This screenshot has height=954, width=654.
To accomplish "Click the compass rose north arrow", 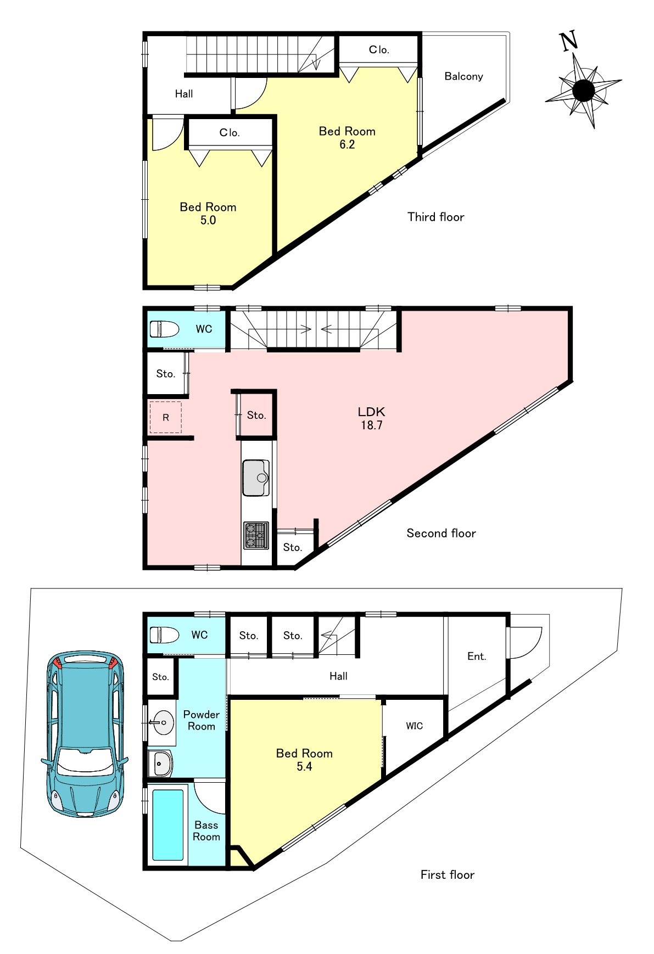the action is pyautogui.click(x=583, y=89).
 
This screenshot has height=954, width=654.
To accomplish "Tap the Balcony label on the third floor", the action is pyautogui.click(x=463, y=76).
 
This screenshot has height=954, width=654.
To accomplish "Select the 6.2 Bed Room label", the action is pyautogui.click(x=347, y=138).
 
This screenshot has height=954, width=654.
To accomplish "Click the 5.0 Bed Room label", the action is pyautogui.click(x=208, y=214).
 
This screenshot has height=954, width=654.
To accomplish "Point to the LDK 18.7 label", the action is pyautogui.click(x=372, y=418).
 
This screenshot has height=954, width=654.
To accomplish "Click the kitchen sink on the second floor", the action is pyautogui.click(x=256, y=478).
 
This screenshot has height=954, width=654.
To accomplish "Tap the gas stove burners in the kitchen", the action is pyautogui.click(x=256, y=535).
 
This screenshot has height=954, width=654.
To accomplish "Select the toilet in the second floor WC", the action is pyautogui.click(x=164, y=329).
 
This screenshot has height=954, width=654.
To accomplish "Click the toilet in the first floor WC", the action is pyautogui.click(x=164, y=635).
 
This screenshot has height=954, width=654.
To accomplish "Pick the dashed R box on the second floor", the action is pyautogui.click(x=166, y=417).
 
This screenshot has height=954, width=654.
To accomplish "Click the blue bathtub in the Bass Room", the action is pyautogui.click(x=167, y=825).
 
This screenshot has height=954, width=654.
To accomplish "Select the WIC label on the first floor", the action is pyautogui.click(x=415, y=726).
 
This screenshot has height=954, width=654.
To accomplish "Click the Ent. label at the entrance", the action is pyautogui.click(x=477, y=656).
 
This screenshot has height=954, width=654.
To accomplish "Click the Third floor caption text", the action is pyautogui.click(x=436, y=217).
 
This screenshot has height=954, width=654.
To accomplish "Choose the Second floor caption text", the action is pyautogui.click(x=441, y=533).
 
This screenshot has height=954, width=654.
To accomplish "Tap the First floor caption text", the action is pyautogui.click(x=448, y=875).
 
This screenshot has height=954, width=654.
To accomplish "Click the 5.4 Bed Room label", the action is pyautogui.click(x=304, y=760).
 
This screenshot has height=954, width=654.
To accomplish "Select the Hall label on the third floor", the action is pyautogui.click(x=184, y=94).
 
